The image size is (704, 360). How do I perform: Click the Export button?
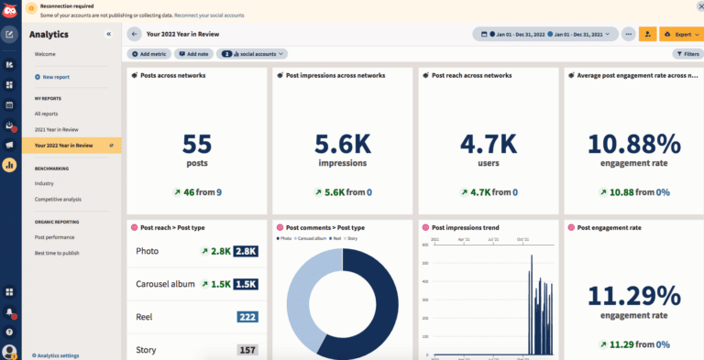679,34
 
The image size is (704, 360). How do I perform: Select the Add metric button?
148,54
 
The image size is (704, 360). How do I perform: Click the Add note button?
193,54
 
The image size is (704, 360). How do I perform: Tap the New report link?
57,77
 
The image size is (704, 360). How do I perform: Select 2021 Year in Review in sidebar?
57,129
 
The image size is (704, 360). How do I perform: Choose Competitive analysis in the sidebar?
59,199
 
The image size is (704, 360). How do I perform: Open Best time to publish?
57,252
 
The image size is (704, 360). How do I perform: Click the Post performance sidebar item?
54,236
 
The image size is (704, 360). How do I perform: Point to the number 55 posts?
196,145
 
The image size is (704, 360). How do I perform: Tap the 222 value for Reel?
246,316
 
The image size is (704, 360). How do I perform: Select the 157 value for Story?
246,349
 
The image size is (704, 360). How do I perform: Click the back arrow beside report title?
135,34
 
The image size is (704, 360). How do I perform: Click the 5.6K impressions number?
343,145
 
